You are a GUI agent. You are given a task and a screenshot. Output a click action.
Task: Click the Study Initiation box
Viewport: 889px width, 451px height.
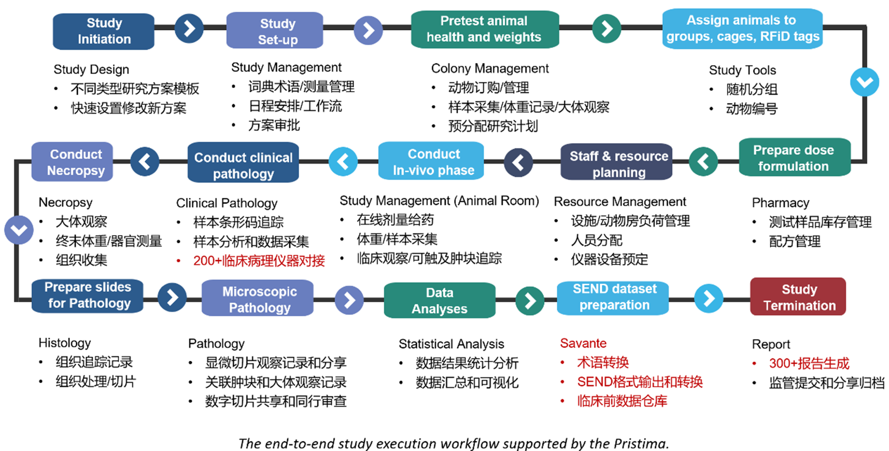pyautogui.click(x=104, y=31)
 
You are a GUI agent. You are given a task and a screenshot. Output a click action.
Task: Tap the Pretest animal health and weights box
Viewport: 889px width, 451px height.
pyautogui.click(x=485, y=29)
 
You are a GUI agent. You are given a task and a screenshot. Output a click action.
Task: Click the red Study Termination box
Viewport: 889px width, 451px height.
pyautogui.click(x=798, y=297)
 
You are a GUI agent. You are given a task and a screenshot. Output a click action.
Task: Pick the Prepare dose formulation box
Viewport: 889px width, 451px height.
pyautogui.click(x=794, y=158)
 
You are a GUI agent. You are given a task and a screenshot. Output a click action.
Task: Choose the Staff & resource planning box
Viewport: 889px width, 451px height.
pyautogui.click(x=617, y=163)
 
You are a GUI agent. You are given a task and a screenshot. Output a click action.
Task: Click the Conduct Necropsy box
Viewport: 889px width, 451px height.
pyautogui.click(x=73, y=162)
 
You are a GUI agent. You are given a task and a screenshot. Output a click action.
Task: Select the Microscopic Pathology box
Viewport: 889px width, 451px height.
pyautogui.click(x=258, y=299)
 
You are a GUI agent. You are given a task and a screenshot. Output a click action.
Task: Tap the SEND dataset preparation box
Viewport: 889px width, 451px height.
pyautogui.click(x=613, y=297)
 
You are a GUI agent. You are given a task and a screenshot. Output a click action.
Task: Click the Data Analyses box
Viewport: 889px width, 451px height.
pyautogui.click(x=439, y=300)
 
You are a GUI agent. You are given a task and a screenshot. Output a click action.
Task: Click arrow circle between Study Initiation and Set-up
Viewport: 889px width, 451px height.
pyautogui.click(x=189, y=29)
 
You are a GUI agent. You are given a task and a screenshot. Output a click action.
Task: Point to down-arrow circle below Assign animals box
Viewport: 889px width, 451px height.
pyautogui.click(x=864, y=82)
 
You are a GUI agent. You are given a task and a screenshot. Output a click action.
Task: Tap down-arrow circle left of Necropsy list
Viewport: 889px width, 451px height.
pyautogui.click(x=19, y=230)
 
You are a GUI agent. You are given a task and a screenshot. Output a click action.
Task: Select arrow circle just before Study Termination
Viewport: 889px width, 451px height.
pyautogui.click(x=708, y=299)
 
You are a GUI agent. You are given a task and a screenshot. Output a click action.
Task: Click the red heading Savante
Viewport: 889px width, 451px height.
pyautogui.click(x=583, y=343)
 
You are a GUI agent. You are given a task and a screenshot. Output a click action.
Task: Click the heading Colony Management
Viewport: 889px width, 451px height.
pyautogui.click(x=490, y=68)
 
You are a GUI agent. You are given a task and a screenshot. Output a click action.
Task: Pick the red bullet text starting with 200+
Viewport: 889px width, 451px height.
pyautogui.click(x=259, y=261)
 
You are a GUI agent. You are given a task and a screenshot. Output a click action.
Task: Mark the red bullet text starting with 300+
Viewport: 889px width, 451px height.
pyautogui.click(x=809, y=363)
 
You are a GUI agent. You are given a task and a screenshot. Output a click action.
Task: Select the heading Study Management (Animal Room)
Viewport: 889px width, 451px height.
pyautogui.click(x=439, y=201)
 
